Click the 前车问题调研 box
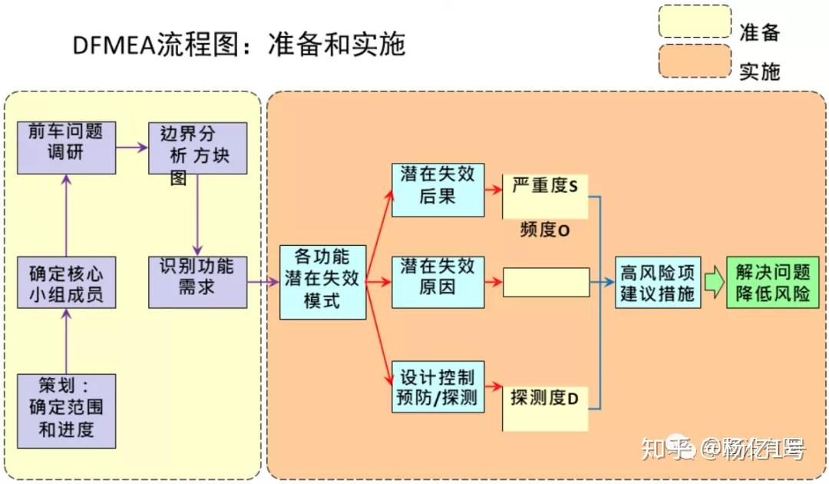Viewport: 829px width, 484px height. click(x=66, y=141)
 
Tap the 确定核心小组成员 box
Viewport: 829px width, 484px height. click(x=66, y=283)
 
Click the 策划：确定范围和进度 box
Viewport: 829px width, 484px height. click(x=66, y=410)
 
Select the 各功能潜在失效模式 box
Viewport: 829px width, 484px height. click(x=322, y=282)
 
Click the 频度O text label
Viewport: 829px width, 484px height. click(x=544, y=230)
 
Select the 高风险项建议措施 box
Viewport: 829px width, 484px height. click(x=657, y=282)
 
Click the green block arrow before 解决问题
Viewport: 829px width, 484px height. click(x=714, y=282)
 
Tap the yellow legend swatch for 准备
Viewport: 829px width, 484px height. click(x=695, y=22)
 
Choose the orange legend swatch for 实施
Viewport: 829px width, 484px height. click(x=695, y=61)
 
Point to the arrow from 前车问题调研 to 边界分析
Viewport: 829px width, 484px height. click(x=132, y=146)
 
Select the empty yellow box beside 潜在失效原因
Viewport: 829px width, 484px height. click(x=546, y=282)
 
